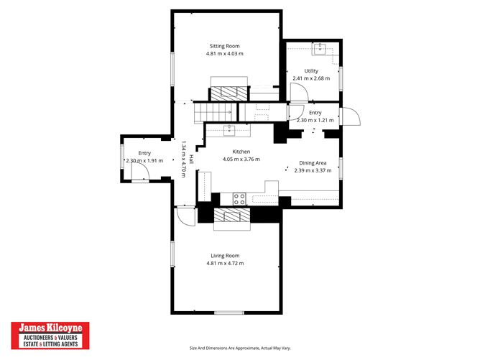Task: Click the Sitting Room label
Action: tap(224, 46)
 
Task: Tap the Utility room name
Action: tap(311, 70)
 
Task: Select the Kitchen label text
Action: tap(241, 152)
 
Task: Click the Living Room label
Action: tap(225, 256)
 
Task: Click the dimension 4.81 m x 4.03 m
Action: tap(225, 54)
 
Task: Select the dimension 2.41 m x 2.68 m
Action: tap(311, 78)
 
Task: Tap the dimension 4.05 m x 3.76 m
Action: tap(241, 160)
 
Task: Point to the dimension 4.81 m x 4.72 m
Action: tap(225, 264)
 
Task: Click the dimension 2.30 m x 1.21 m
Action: tap(315, 120)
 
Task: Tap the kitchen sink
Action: tap(229, 130)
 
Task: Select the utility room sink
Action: tap(320, 49)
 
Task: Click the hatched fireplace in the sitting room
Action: tap(229, 93)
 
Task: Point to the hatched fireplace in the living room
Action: tap(233, 215)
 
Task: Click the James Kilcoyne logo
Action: tap(50, 336)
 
